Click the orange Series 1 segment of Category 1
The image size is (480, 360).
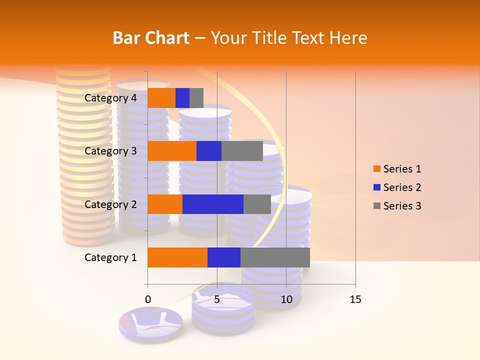(177, 257)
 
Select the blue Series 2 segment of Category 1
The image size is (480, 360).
(224, 257)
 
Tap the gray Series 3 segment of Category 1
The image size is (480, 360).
(275, 257)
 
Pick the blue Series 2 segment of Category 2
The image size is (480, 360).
(213, 204)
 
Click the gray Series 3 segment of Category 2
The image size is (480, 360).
(257, 204)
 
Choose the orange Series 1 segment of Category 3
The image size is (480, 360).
(172, 151)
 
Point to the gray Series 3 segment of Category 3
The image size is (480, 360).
(242, 151)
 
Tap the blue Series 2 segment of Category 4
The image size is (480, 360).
(182, 98)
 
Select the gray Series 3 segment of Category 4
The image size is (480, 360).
(196, 98)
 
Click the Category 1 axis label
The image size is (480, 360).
(110, 257)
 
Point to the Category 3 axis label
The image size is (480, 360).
(110, 151)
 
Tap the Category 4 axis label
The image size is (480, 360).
(110, 98)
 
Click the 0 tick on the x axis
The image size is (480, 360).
(148, 299)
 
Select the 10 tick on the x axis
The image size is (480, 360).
(286, 299)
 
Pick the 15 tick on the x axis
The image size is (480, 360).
(355, 299)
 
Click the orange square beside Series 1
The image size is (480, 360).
(376, 169)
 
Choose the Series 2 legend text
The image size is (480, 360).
(402, 187)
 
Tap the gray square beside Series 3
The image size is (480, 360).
(376, 206)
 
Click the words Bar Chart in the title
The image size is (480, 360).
(151, 38)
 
